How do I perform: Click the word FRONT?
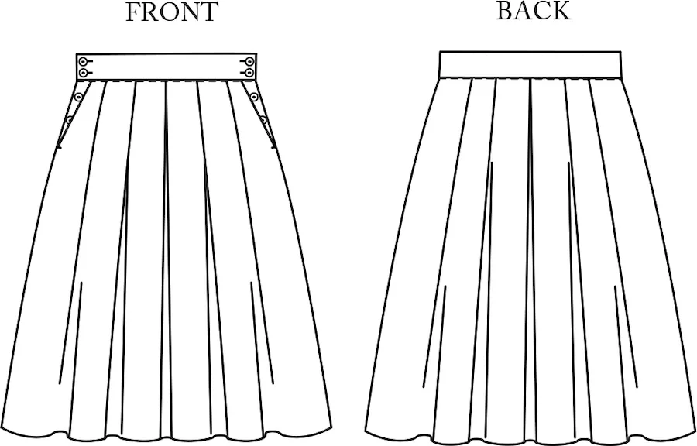click(172, 12)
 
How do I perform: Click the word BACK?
click(533, 11)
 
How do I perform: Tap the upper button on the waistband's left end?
click(83, 61)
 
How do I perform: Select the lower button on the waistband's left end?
click(83, 73)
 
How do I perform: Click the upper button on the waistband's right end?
click(250, 61)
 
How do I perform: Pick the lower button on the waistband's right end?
click(250, 73)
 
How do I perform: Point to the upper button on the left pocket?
click(79, 96)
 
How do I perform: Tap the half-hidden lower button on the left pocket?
click(70, 120)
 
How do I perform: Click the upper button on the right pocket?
click(254, 96)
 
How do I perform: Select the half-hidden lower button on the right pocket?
click(263, 120)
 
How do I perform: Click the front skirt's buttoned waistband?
click(167, 67)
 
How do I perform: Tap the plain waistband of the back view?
click(530, 65)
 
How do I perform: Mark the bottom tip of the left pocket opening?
click(59, 147)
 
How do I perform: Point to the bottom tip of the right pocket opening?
click(273, 147)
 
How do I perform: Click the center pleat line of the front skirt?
click(167, 258)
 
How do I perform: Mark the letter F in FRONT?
click(132, 12)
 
